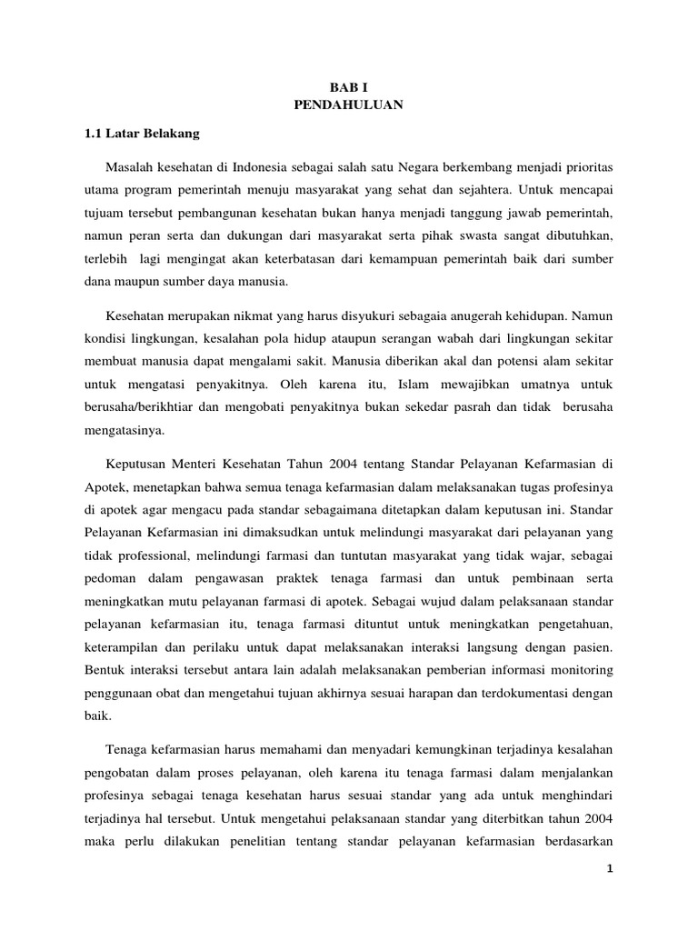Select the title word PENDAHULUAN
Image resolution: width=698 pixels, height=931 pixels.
[x=349, y=105]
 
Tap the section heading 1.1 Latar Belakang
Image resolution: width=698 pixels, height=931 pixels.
[x=141, y=134]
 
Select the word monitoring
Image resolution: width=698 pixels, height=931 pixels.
[x=579, y=669]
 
